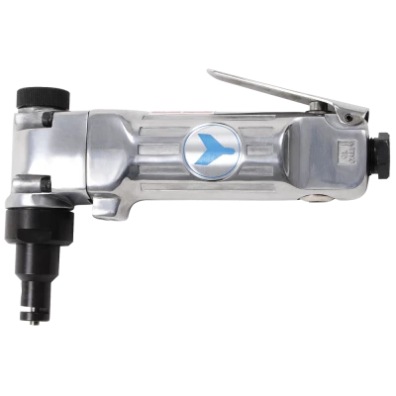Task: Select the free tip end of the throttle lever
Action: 214,70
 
